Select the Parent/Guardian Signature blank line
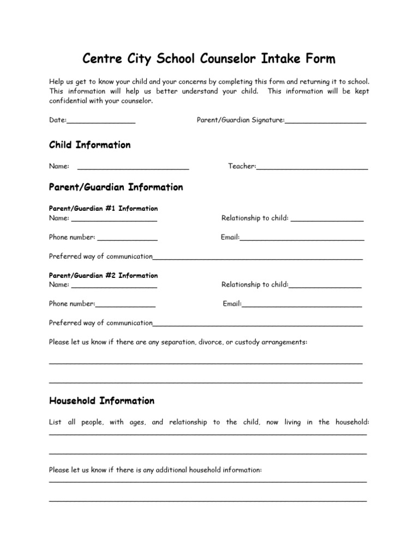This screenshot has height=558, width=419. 325,122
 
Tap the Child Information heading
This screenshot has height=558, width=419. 90,145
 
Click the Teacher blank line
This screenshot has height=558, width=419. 312,167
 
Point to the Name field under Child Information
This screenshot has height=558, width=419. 133,167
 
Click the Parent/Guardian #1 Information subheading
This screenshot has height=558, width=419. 104,209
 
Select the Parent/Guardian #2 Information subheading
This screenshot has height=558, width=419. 104,276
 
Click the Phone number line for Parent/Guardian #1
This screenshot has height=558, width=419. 127,238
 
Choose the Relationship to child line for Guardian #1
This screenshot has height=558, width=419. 327,219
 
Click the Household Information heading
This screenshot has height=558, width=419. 102,401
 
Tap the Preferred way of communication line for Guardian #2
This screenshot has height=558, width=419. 258,324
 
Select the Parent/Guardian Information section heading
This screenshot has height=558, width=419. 116,187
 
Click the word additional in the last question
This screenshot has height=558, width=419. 171,470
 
